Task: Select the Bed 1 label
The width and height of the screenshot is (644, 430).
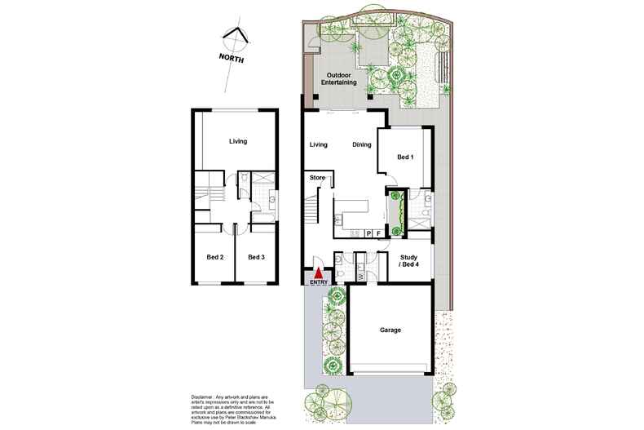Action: coord(405,156)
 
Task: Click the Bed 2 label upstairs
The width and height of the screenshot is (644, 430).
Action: coord(215,257)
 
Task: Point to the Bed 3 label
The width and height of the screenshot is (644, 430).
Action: coord(256,257)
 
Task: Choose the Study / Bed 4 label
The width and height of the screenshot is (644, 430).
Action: coord(408,261)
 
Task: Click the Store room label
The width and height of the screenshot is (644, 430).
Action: coord(317,177)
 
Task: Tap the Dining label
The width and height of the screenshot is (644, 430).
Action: coord(362,144)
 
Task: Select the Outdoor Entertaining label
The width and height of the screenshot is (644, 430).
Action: coord(339,78)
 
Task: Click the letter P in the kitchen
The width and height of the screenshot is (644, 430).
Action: coord(368,233)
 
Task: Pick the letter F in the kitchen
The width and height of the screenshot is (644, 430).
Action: coord(380,233)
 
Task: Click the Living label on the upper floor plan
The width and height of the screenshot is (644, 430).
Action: coord(237,141)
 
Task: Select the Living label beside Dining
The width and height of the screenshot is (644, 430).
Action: coord(318,144)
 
